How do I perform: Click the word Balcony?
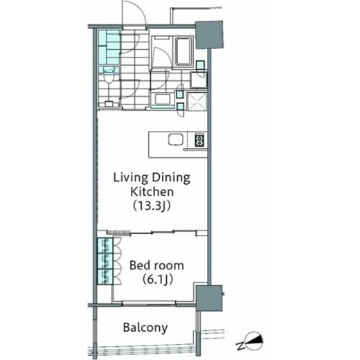145,328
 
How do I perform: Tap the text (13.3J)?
152,206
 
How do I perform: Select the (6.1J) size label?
158,280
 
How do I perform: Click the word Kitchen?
152,192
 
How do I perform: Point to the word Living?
130,178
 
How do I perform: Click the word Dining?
171,178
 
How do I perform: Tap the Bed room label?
156,265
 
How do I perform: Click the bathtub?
183,51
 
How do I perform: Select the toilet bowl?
108,78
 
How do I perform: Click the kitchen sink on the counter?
176,140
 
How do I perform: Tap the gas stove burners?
199,140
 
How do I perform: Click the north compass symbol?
254,340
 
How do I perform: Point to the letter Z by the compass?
240,346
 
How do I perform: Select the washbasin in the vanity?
163,99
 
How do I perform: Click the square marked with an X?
197,101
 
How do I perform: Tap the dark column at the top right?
209,35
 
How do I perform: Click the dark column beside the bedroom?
209,298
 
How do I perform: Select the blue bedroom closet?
105,261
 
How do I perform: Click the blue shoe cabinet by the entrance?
109,47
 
